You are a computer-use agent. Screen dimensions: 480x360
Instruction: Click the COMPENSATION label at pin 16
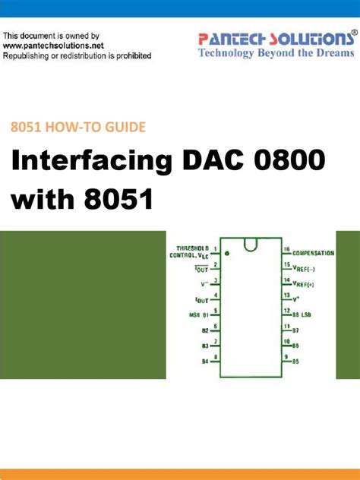point(314,251)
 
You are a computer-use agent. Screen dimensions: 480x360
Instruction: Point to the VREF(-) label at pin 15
point(305,267)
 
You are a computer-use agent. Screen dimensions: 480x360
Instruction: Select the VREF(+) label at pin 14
point(305,282)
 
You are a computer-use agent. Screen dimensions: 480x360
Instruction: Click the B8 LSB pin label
point(302,313)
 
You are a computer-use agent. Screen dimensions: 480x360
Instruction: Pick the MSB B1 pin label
point(200,313)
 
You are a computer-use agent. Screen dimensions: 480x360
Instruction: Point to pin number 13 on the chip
point(286,295)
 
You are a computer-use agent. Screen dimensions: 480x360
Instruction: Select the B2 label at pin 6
point(204,330)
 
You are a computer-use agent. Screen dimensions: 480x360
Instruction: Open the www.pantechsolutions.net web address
point(53,46)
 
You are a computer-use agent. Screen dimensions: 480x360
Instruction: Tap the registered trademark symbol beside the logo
point(354,34)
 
